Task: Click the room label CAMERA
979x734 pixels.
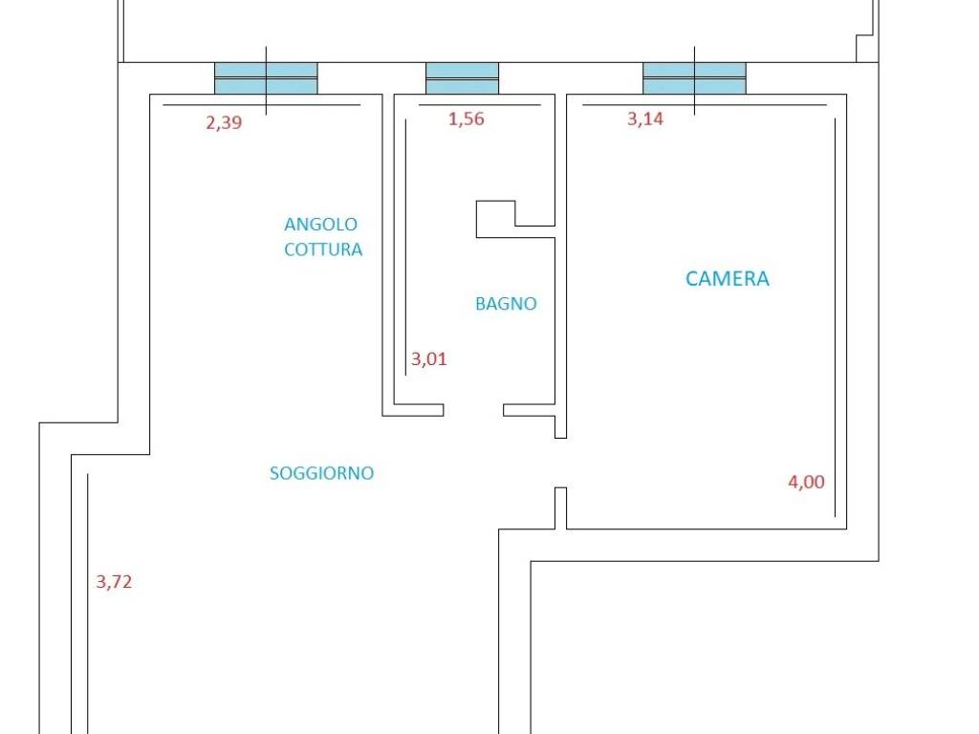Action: pyautogui.click(x=728, y=278)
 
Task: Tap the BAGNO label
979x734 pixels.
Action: pyautogui.click(x=506, y=304)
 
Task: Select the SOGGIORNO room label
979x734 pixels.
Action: pyautogui.click(x=321, y=473)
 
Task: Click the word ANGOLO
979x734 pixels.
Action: pyautogui.click(x=320, y=224)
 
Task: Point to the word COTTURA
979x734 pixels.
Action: pyautogui.click(x=323, y=249)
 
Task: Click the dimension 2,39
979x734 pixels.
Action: pyautogui.click(x=224, y=122)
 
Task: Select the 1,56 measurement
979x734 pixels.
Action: pyautogui.click(x=466, y=119)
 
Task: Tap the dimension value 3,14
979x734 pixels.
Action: pyautogui.click(x=645, y=119)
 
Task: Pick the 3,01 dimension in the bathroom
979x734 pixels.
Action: pyautogui.click(x=429, y=359)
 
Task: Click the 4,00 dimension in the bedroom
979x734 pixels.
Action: pyautogui.click(x=806, y=482)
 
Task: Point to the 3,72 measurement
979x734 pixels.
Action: pyautogui.click(x=114, y=582)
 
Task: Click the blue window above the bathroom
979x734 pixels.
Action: pyautogui.click(x=462, y=78)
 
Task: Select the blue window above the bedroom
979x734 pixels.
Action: pyautogui.click(x=694, y=78)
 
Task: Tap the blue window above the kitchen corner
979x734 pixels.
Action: pyautogui.click(x=266, y=78)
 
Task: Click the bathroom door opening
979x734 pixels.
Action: pyautogui.click(x=473, y=410)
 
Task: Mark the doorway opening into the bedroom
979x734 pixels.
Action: pyautogui.click(x=560, y=463)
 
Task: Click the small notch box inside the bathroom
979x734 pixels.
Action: pyautogui.click(x=496, y=219)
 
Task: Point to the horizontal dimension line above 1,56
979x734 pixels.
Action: pyautogui.click(x=480, y=105)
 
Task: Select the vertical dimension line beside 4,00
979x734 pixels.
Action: pyautogui.click(x=836, y=317)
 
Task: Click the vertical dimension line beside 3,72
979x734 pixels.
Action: pyautogui.click(x=87, y=604)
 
